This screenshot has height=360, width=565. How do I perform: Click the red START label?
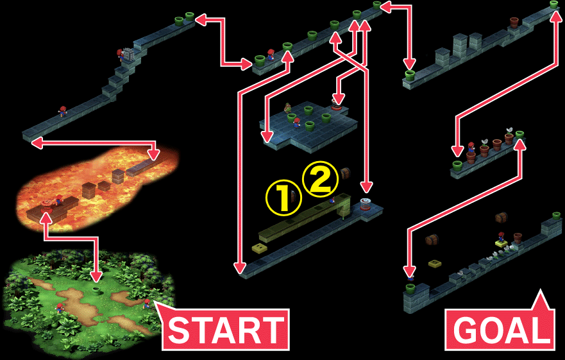[226, 329]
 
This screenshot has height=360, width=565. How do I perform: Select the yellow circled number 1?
[283, 198]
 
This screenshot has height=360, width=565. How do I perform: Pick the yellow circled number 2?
[320, 178]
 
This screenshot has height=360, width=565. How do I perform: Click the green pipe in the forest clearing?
[96, 289]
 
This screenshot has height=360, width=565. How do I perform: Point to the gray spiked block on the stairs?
[128, 55]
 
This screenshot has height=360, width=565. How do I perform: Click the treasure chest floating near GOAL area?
[501, 218]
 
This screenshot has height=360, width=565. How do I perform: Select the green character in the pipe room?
[287, 108]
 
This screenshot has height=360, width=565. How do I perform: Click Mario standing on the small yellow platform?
[501, 237]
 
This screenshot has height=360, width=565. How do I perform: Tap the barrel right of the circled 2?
[345, 173]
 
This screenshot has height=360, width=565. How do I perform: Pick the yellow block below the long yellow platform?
[259, 248]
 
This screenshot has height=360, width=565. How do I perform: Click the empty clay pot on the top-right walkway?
[514, 22]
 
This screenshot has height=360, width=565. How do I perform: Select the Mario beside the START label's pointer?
[147, 304]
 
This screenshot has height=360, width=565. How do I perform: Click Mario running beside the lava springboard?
[59, 199]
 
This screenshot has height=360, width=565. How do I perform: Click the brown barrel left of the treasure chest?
[432, 239]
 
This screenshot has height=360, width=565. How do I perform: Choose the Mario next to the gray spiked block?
[121, 55]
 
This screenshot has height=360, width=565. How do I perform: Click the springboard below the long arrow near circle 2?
[366, 205]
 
